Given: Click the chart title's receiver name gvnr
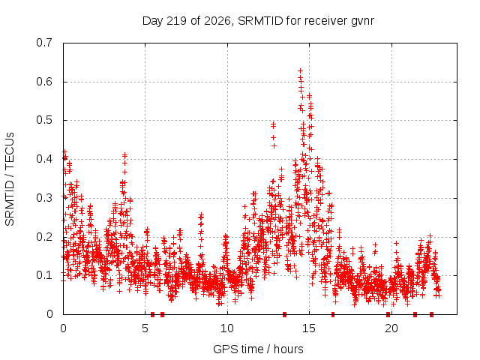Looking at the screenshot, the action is (x=361, y=22).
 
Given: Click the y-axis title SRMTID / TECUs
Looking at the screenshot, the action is (x=10, y=179).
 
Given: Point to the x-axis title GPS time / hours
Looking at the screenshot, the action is (x=258, y=349).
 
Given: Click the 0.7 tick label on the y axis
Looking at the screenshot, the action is (x=44, y=43).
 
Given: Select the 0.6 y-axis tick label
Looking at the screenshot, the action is (x=44, y=82).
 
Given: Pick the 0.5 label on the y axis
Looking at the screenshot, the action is (x=44, y=120).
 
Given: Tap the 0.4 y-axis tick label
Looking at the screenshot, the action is (x=44, y=159).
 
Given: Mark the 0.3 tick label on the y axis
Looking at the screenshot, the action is (x=44, y=198).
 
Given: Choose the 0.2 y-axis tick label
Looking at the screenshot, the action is (x=44, y=237).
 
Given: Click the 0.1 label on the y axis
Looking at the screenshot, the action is (x=44, y=275).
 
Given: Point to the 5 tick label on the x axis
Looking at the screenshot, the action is (x=145, y=328).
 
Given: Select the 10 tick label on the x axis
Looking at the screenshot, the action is (x=227, y=328).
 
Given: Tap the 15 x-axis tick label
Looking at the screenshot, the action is (x=309, y=328).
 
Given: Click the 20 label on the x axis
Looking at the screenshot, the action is (x=391, y=328).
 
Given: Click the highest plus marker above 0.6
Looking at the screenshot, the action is (x=300, y=71).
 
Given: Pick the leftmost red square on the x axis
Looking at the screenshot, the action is (x=152, y=314).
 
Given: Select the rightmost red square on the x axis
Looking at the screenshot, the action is (x=431, y=314).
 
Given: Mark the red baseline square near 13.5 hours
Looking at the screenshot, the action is (x=284, y=314).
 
